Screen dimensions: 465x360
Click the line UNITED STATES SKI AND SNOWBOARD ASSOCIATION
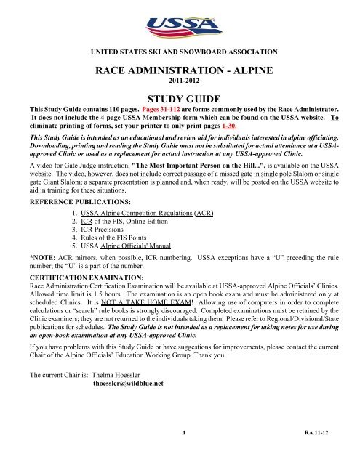click(180, 54)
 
